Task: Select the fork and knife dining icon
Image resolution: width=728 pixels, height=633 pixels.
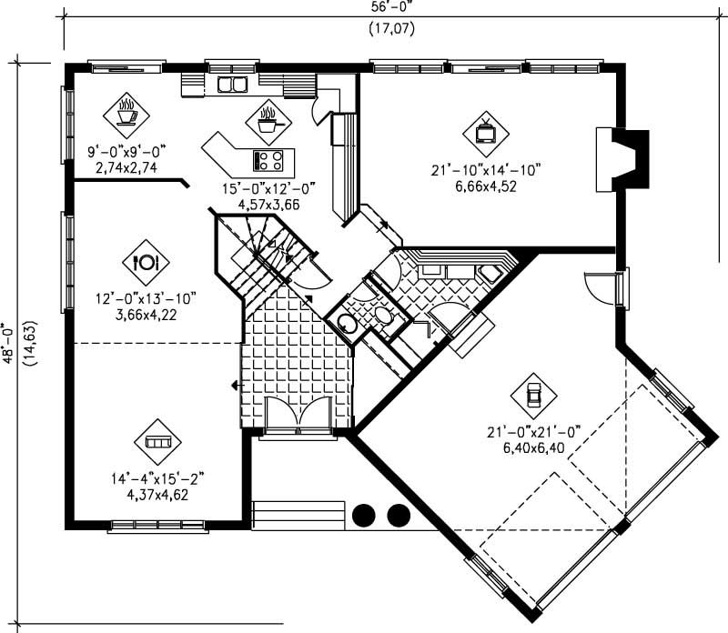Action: [x=146, y=262]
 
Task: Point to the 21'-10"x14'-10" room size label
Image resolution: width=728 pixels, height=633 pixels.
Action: [x=486, y=169]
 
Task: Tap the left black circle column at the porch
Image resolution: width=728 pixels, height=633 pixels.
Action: [x=364, y=516]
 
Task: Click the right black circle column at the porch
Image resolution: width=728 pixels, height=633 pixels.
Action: [x=399, y=516]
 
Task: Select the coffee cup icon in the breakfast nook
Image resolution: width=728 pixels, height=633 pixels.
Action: [x=126, y=114]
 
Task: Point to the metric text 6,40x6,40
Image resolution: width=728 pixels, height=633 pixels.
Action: [x=534, y=447]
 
